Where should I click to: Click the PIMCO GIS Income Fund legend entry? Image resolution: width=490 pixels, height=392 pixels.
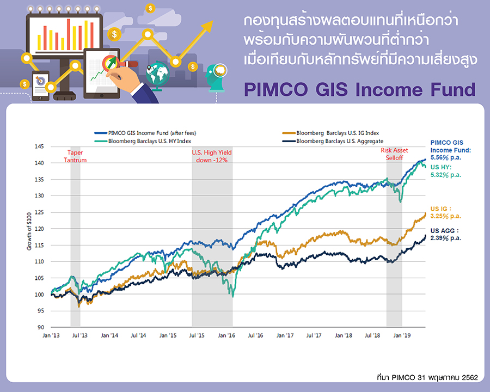tap(145, 133)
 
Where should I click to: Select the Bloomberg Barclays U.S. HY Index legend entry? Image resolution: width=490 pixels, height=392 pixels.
tap(143, 141)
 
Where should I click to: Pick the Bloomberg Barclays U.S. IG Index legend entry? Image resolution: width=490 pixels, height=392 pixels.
tap(330, 133)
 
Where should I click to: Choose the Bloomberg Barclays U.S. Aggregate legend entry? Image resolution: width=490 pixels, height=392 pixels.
tap(333, 141)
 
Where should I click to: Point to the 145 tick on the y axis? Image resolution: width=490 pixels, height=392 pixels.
tap(39, 146)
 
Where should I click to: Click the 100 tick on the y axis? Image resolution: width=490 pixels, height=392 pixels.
tap(39, 295)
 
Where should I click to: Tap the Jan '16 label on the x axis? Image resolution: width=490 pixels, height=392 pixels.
tap(226, 335)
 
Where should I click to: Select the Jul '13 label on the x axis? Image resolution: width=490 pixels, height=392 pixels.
tap(80, 335)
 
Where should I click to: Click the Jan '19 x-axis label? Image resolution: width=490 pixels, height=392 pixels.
tap(402, 335)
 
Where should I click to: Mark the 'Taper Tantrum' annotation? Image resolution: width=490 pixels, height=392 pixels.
tap(75, 156)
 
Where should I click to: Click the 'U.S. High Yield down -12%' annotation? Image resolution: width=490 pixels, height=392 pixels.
tap(212, 156)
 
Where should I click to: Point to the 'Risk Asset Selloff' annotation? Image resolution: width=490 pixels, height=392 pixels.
tap(394, 154)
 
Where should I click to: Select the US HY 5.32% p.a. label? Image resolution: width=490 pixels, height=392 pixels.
tap(446, 171)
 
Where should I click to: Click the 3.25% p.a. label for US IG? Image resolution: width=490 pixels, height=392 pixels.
tap(446, 216)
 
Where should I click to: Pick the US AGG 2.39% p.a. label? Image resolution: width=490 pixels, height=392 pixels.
tap(446, 235)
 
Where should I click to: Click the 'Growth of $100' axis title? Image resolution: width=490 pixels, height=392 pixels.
tap(29, 231)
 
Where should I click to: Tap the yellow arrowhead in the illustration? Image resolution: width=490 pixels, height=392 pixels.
tap(207, 26)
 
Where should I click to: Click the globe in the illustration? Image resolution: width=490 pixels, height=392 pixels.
tap(157, 74)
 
